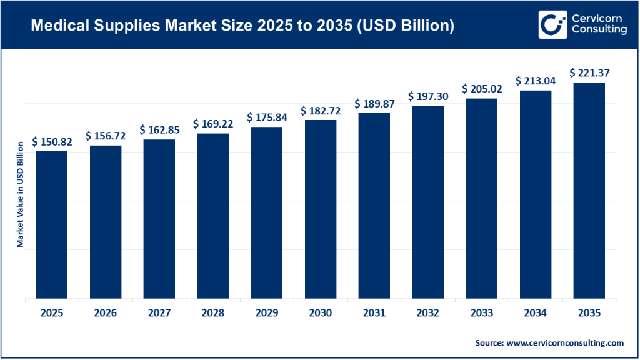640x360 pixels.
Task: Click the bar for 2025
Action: tap(52, 225)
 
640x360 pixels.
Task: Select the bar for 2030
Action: tap(321, 209)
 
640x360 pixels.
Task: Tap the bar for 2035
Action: tap(589, 191)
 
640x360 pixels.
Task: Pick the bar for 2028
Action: tap(213, 216)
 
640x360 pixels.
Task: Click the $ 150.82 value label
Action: tap(52, 142)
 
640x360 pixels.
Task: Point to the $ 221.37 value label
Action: tap(589, 73)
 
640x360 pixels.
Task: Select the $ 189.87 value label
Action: tap(374, 104)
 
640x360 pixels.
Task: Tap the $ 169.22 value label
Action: tap(213, 124)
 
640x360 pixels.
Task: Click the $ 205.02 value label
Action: tap(482, 89)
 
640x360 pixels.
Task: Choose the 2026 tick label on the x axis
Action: tap(106, 314)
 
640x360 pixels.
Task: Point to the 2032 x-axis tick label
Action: tap(428, 314)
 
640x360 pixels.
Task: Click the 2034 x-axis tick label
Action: tap(536, 314)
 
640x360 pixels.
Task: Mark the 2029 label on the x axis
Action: tap(267, 314)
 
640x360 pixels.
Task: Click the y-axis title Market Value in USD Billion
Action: tap(21, 194)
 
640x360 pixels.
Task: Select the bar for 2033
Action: tap(482, 199)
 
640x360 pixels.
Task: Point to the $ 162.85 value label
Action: tap(159, 130)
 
